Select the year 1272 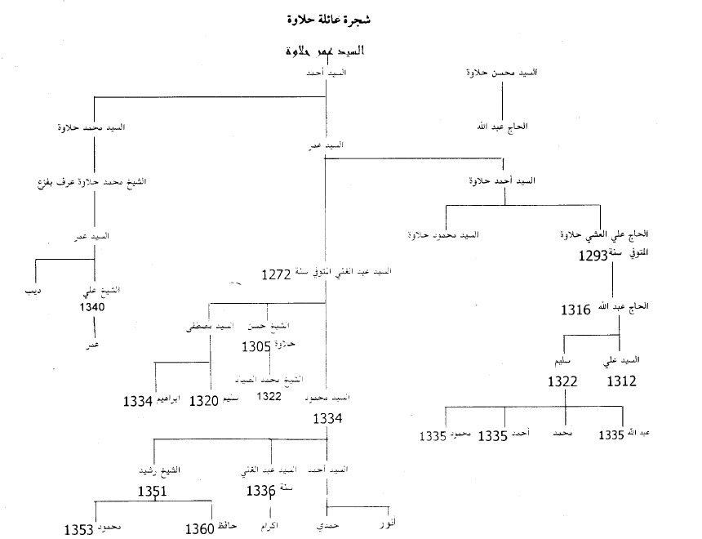coord(277,275)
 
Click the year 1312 coord(620,381)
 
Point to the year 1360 coord(200,530)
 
